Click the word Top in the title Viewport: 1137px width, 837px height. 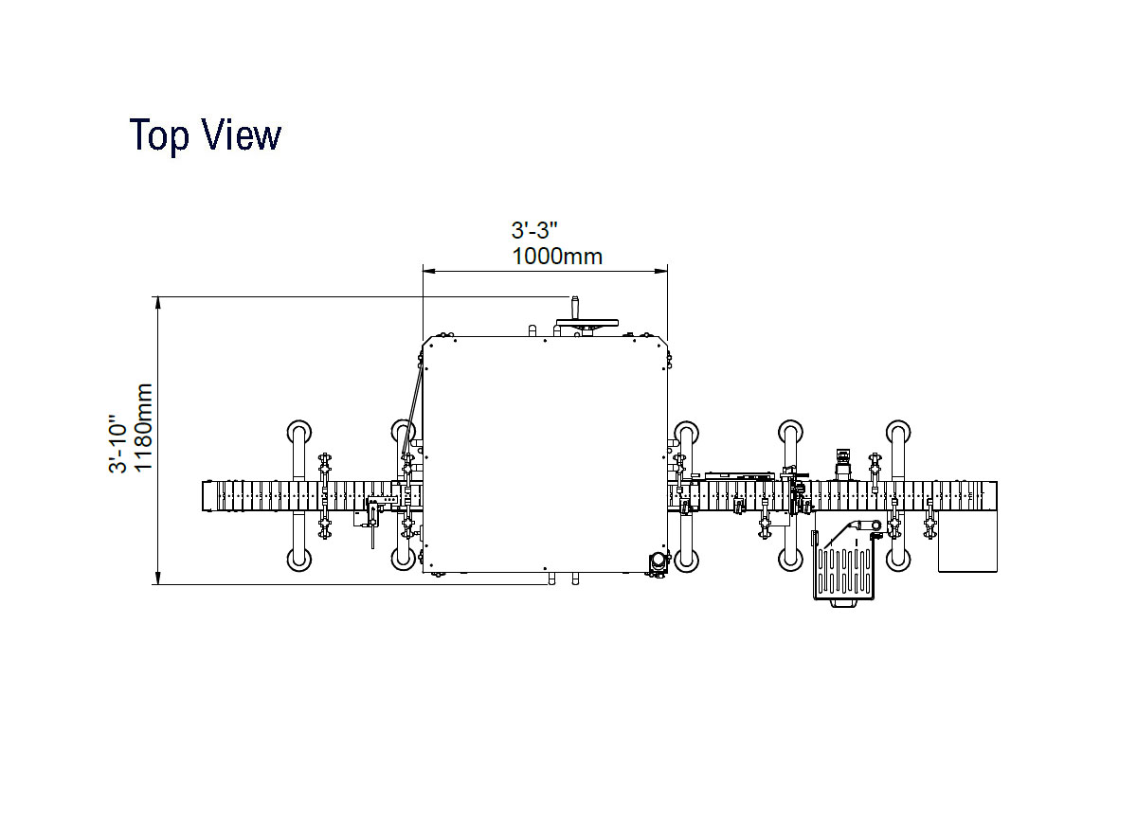(x=159, y=136)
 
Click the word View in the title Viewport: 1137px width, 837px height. (x=242, y=134)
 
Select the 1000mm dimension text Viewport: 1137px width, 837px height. (x=557, y=257)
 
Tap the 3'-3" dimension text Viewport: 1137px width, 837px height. (x=534, y=230)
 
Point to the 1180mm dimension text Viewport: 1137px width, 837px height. (x=143, y=428)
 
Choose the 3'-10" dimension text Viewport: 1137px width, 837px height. (x=117, y=444)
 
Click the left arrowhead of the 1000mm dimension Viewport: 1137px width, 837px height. (x=429, y=272)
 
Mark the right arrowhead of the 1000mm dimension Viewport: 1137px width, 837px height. (x=661, y=272)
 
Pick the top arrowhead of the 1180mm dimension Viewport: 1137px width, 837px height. (x=158, y=303)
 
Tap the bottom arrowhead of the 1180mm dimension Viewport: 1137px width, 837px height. (x=158, y=579)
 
